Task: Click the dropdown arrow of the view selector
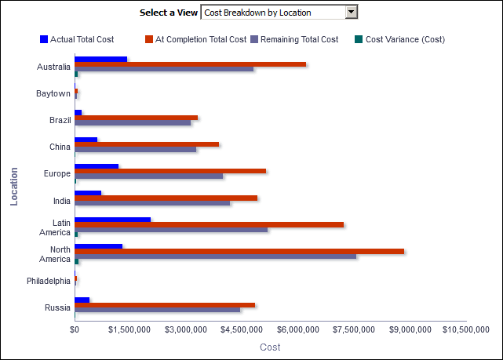pyautogui.click(x=352, y=13)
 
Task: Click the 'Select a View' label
pyautogui.click(x=168, y=13)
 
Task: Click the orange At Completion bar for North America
pyautogui.click(x=239, y=251)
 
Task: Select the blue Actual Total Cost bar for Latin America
pyautogui.click(x=112, y=220)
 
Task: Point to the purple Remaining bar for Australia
pyautogui.click(x=164, y=69)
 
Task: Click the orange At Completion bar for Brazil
pyautogui.click(x=136, y=118)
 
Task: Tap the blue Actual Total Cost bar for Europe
pyautogui.click(x=97, y=166)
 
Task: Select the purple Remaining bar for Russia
pyautogui.click(x=158, y=310)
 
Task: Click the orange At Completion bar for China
pyautogui.click(x=147, y=144)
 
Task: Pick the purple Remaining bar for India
pyautogui.click(x=152, y=203)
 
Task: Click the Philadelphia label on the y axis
pyautogui.click(x=48, y=281)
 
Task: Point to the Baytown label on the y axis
pyautogui.click(x=53, y=94)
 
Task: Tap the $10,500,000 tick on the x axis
pyautogui.click(x=466, y=329)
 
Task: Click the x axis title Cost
pyautogui.click(x=270, y=347)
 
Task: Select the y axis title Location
pyautogui.click(x=14, y=186)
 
